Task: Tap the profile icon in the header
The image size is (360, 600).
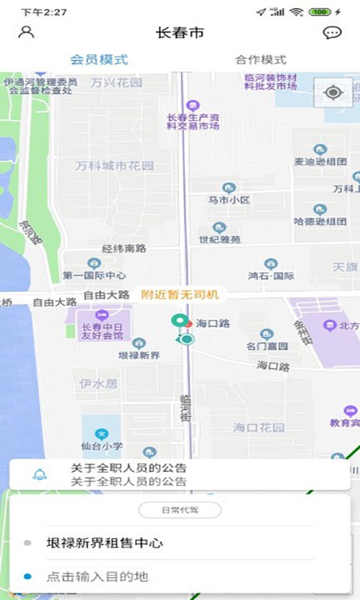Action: (27, 32)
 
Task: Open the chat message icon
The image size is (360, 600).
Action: (332, 33)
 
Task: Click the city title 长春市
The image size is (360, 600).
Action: (180, 33)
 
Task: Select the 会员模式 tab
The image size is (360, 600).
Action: (99, 59)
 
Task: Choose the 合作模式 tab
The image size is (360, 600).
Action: (261, 59)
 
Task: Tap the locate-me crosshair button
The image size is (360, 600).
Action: (333, 92)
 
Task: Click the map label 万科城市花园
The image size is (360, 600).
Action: (115, 166)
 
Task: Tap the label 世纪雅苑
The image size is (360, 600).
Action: (220, 239)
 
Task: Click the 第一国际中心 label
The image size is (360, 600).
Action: (94, 275)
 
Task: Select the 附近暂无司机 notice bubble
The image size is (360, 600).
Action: (180, 294)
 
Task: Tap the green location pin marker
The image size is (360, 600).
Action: (177, 322)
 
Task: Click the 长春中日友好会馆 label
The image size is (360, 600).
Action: (97, 331)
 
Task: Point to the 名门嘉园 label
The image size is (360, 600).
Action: (267, 345)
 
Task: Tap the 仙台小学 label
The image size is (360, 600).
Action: (102, 446)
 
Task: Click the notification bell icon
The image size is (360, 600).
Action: (39, 475)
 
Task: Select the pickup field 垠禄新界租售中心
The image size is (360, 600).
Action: (104, 543)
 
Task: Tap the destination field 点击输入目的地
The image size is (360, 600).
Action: (97, 577)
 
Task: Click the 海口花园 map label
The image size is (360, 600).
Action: (259, 427)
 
